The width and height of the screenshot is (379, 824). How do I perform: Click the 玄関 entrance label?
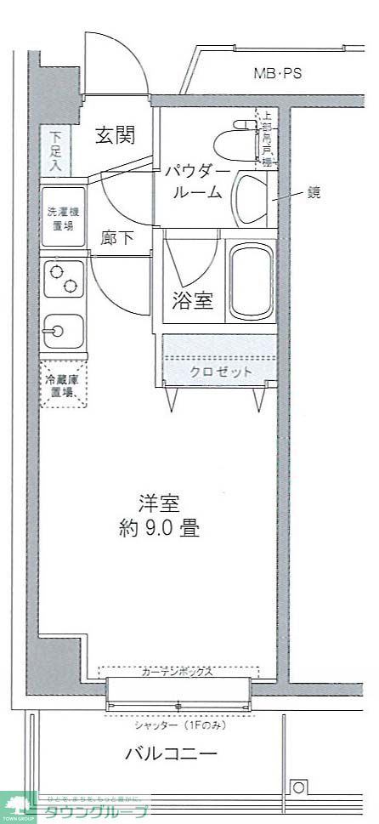[x=113, y=135]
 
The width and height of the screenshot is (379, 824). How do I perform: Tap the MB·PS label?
[x=277, y=73]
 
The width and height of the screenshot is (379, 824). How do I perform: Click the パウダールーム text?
[x=197, y=181]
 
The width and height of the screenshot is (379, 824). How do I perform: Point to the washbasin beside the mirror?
[x=249, y=199]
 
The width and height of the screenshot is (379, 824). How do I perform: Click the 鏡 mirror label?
[x=314, y=193]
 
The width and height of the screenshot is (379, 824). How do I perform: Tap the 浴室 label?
[x=192, y=301]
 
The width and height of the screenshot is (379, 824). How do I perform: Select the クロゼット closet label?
[x=221, y=372]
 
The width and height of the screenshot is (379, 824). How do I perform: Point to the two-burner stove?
[x=63, y=281]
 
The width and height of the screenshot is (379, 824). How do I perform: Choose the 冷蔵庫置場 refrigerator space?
[x=64, y=385]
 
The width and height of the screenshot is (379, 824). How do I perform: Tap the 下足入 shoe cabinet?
[x=55, y=151]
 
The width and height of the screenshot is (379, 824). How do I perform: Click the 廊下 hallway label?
[x=117, y=238]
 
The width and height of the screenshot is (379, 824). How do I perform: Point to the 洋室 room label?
[x=159, y=503]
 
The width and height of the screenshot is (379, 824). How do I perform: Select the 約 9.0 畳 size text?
[x=159, y=528]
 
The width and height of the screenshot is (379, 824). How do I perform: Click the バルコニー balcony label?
[x=171, y=753]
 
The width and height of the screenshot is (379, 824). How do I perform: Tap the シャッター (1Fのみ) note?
[x=178, y=725]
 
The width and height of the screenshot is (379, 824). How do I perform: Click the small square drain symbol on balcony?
[x=298, y=787]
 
